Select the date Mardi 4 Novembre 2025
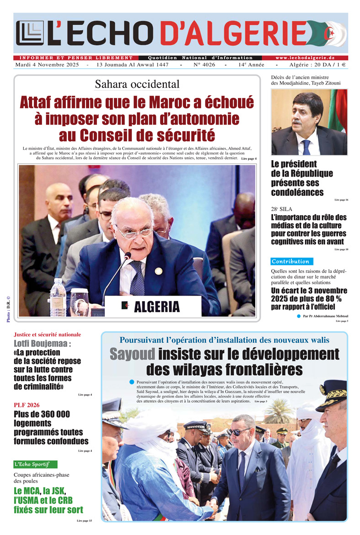click(48, 65)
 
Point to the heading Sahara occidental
click(137, 84)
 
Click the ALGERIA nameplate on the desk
click(153, 306)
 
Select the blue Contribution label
click(290, 261)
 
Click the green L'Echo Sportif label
click(36, 464)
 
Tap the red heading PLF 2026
click(27, 405)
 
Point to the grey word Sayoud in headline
click(132, 354)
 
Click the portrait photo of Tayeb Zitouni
click(309, 122)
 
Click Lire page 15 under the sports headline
click(84, 521)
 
